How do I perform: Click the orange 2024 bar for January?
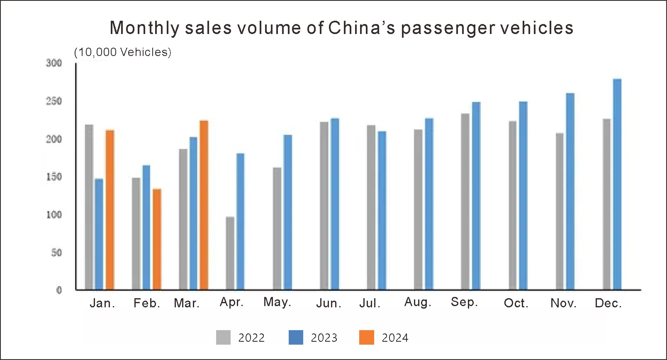click(110, 210)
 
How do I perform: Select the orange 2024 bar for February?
click(157, 239)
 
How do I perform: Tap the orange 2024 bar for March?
click(204, 205)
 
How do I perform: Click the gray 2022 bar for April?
click(230, 253)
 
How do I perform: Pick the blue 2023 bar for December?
click(617, 184)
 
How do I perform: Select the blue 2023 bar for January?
click(99, 234)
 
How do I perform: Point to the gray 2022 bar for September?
click(465, 202)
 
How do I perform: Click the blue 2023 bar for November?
click(570, 191)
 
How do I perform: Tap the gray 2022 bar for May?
click(277, 229)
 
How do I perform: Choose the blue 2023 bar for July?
click(382, 210)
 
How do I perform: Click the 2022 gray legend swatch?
click(223, 337)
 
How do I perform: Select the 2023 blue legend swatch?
click(296, 337)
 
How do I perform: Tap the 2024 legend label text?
click(395, 338)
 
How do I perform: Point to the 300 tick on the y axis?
click(54, 63)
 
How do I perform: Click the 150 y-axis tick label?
click(54, 177)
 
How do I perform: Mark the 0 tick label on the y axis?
click(59, 290)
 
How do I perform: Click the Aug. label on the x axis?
click(418, 302)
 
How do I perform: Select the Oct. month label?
click(516, 303)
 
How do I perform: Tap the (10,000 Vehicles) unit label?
click(122, 52)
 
